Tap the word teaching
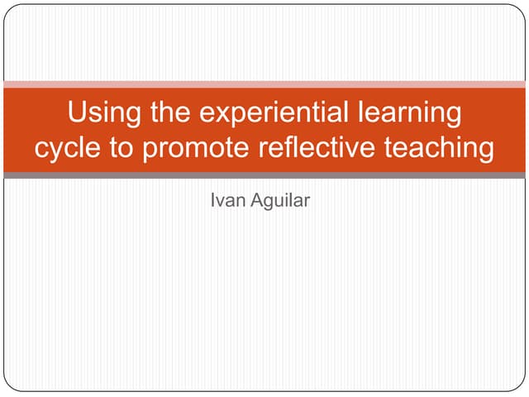[x=438, y=149]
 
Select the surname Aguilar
[x=280, y=199]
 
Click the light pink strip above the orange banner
[x=264, y=84]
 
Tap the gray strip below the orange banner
[x=264, y=175]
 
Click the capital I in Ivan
[x=214, y=199]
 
